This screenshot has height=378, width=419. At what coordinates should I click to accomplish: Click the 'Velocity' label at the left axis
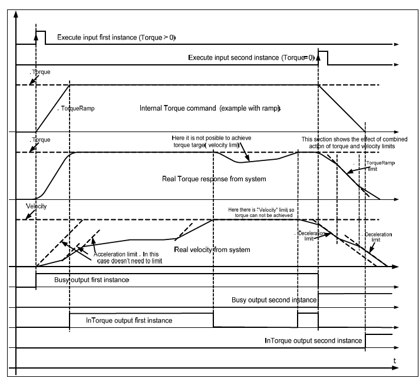point(36,208)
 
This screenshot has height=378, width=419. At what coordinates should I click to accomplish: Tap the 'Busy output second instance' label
point(272,300)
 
